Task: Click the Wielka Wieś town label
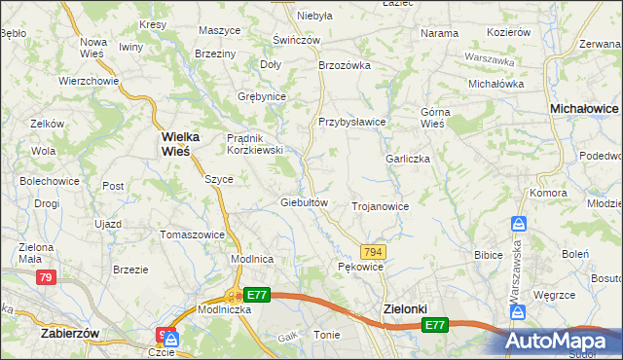point(175,144)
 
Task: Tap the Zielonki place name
point(401,309)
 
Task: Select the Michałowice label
point(584,110)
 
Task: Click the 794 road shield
point(374,251)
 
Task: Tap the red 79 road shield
point(45,278)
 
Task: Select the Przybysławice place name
point(352,122)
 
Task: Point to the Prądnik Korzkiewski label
point(254,144)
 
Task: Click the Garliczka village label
point(408,159)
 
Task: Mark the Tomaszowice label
point(192,234)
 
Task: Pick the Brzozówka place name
point(346,65)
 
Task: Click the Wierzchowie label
point(88,81)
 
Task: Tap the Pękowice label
point(360,266)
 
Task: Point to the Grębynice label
point(261,96)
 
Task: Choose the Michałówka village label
point(495,84)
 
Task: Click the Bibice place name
point(487,255)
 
